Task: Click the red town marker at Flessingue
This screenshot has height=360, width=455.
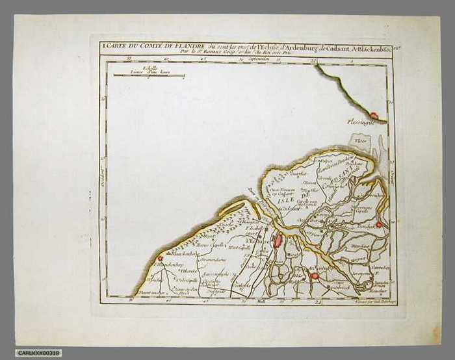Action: click(x=374, y=115)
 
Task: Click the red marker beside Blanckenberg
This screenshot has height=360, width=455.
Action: click(x=160, y=259)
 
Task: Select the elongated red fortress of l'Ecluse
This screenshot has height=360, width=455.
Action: click(x=278, y=242)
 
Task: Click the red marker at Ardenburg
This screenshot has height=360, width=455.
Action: click(x=315, y=276)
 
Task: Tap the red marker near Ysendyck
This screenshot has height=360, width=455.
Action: click(x=378, y=225)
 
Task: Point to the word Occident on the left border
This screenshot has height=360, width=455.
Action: click(x=103, y=175)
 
